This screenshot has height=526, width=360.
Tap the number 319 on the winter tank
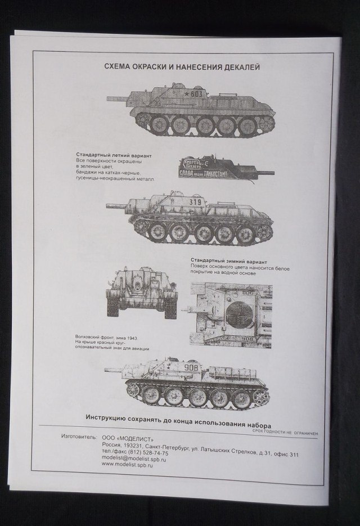pos(195,202)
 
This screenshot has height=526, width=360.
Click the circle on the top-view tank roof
pos(237,313)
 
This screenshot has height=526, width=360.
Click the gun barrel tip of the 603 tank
pos(109,98)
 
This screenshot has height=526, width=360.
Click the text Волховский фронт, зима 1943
pos(106,336)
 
